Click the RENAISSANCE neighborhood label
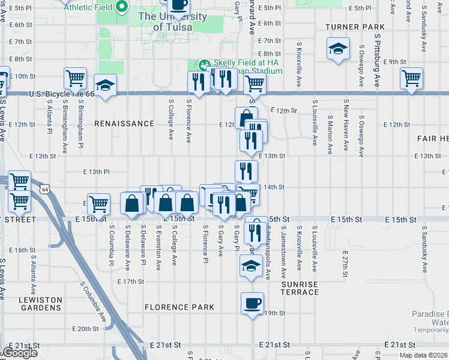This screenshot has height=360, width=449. [124, 124]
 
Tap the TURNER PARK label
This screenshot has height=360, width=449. [355, 27]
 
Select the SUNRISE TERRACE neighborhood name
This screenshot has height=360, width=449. [300, 287]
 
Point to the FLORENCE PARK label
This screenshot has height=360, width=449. [179, 307]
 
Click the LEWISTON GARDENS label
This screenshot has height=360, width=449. [40, 304]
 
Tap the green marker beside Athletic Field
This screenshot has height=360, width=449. [122, 8]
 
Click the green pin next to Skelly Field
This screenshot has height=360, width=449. [204, 64]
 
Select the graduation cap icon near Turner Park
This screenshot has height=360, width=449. [338, 49]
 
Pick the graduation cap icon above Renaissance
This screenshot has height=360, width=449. [105, 85]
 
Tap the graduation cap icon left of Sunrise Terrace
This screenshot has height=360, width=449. [250, 266]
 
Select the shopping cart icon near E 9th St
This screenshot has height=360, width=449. [411, 78]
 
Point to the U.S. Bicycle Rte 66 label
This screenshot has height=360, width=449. [62, 94]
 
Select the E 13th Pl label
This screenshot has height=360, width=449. [96, 172]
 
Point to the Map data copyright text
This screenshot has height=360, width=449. [423, 355]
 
